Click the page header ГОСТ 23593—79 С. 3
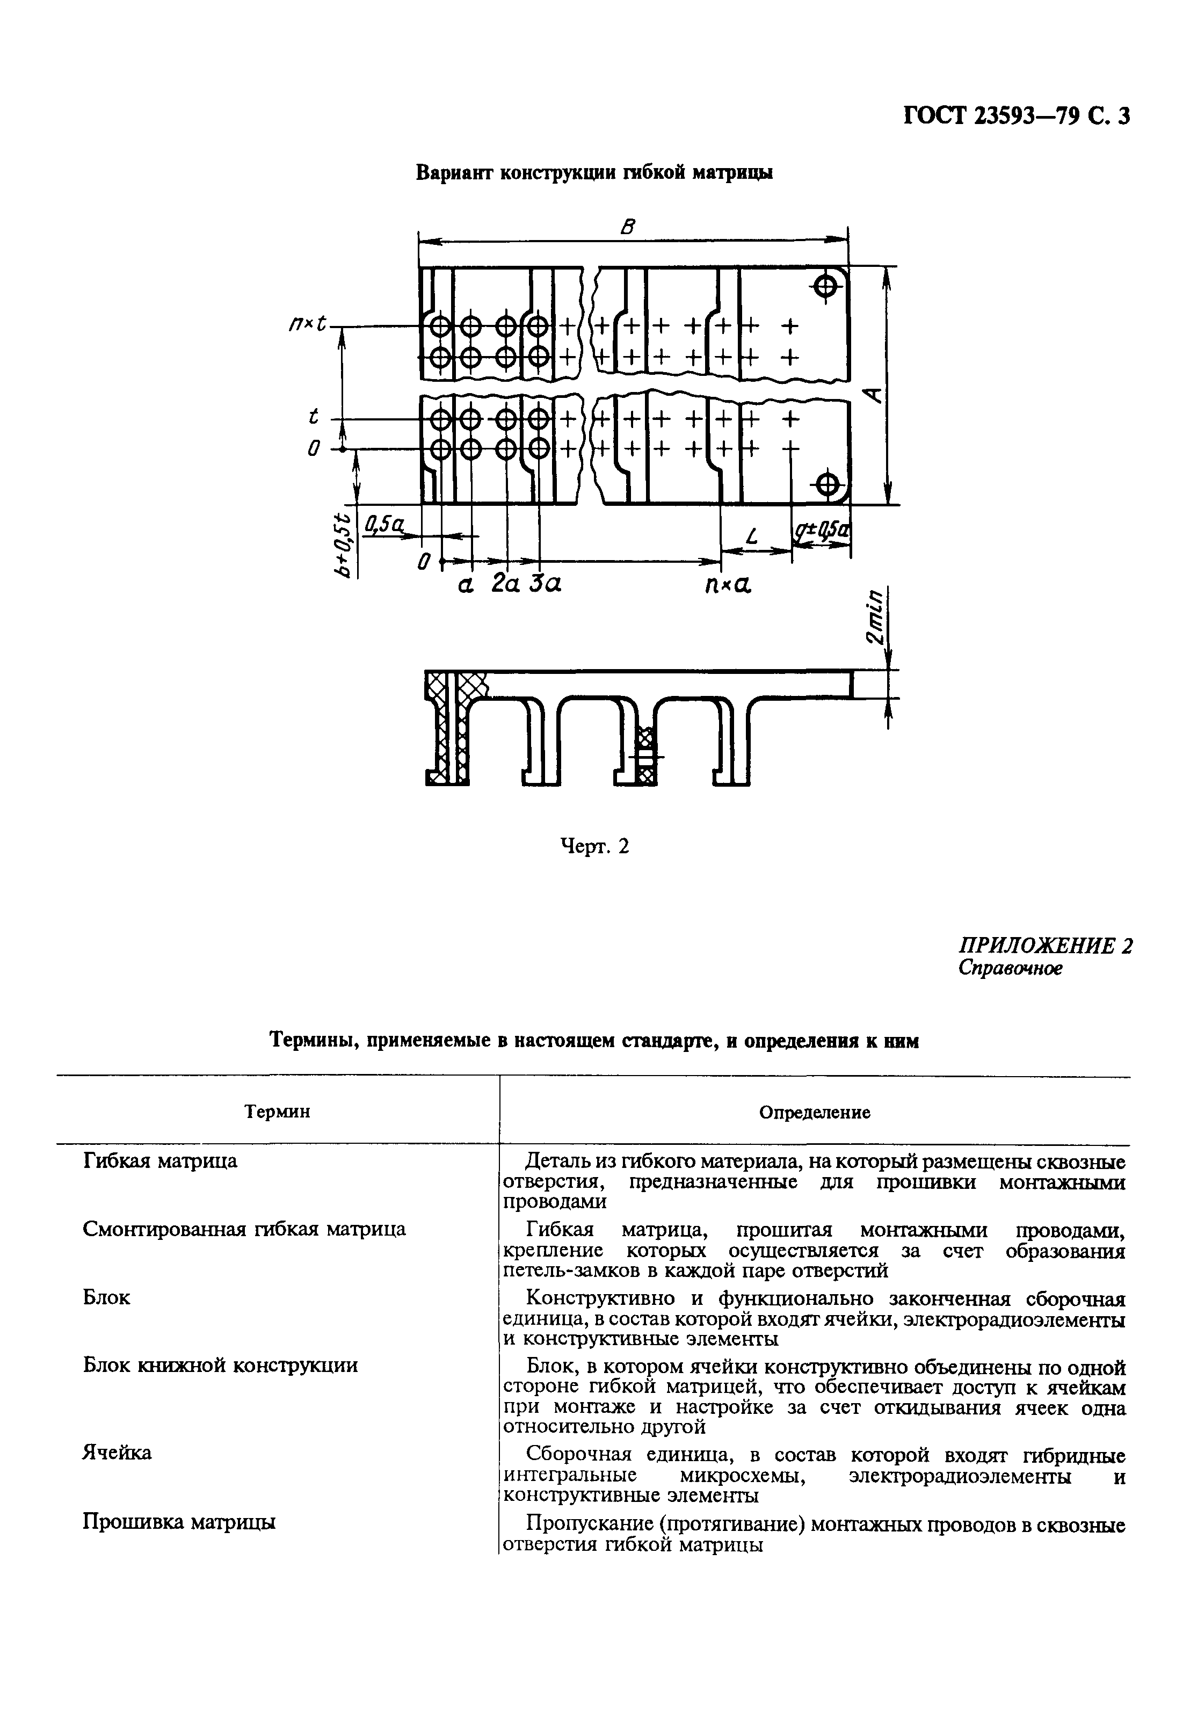tap(1017, 117)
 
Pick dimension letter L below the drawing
tap(752, 535)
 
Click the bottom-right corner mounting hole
tap(827, 484)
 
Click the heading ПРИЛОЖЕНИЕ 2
tap(1045, 946)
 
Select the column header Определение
tap(814, 1113)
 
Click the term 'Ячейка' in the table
tap(117, 1453)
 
